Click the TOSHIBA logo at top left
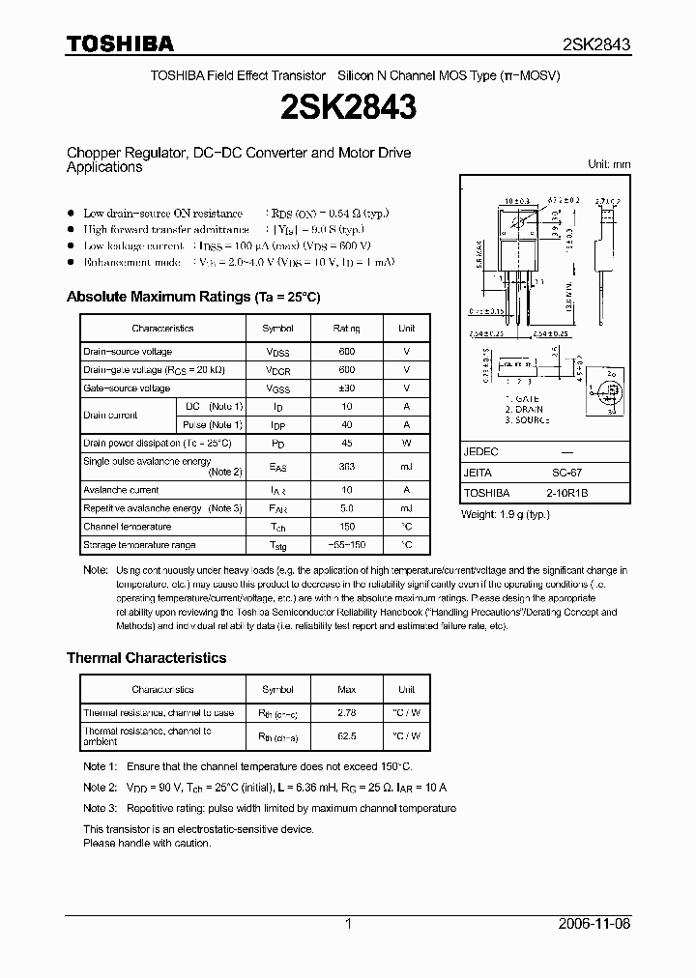coord(120,43)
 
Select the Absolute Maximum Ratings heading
coord(192,297)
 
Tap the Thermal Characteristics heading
coord(146,657)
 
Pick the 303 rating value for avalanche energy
coord(346,466)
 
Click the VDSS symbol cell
coord(277,352)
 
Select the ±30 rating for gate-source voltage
coord(346,388)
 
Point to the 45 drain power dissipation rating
coord(346,443)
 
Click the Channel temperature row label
coord(127,527)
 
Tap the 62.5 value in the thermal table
coord(346,735)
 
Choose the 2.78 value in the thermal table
coord(346,713)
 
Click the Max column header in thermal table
coord(346,690)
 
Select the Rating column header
coord(346,329)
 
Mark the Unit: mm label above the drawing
coord(609,165)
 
